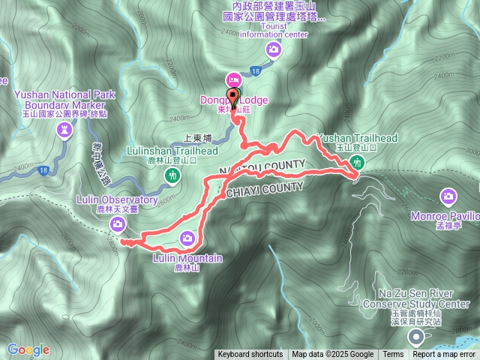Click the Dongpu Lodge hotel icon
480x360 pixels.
coord(232,79)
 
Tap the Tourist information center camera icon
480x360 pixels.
coord(274,49)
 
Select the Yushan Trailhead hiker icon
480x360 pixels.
coord(358,162)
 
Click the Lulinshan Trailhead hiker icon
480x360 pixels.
coord(173,175)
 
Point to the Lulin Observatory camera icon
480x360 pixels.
coord(118,224)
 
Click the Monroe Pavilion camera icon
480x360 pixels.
coord(448,196)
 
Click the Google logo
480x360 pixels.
coord(28,349)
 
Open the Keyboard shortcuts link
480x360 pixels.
coord(250,355)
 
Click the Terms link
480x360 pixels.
coord(393,355)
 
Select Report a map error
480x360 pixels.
coord(444,355)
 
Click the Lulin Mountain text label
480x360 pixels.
coord(187,259)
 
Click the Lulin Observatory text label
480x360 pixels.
coord(117,201)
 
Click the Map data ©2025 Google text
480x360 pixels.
coord(333,355)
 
